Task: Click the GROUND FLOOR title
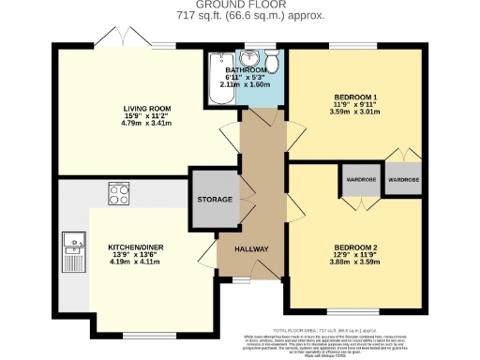(x=240, y=6)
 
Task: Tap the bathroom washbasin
(x=249, y=58)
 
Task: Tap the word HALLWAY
(x=249, y=249)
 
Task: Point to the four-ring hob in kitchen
(x=120, y=195)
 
